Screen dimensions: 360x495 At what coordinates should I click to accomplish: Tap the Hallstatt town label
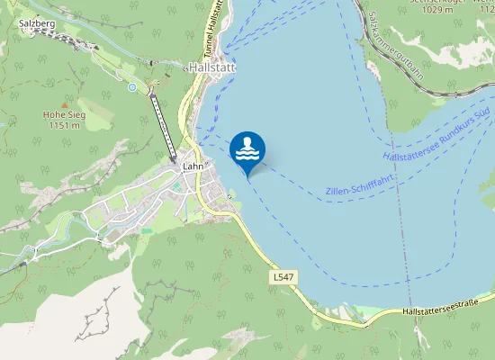click(211, 67)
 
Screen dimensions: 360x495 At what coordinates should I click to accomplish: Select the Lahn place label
click(193, 166)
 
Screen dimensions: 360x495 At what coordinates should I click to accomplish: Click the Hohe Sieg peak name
click(62, 114)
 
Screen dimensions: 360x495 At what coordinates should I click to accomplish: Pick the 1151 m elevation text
click(62, 125)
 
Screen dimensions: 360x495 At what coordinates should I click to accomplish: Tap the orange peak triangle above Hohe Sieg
click(62, 103)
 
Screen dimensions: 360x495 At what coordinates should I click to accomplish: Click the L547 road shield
click(282, 279)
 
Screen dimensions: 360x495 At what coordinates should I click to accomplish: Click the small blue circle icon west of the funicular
click(132, 87)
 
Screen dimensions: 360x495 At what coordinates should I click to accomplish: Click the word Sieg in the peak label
click(73, 114)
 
